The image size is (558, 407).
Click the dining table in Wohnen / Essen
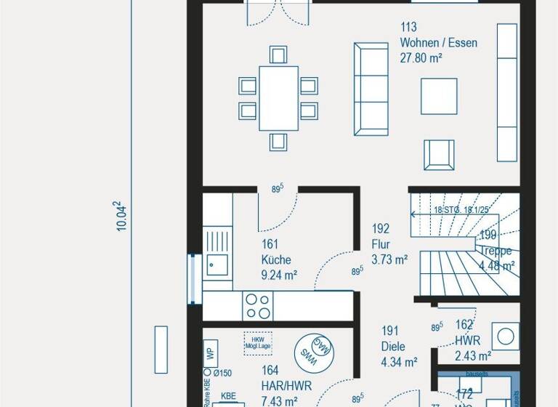[278, 98]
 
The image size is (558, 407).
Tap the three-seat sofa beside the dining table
[370, 89]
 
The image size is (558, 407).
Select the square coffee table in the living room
[439, 96]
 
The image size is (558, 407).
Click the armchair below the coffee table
[439, 154]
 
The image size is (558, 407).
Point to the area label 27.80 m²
[421, 58]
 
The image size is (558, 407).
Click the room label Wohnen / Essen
[439, 43]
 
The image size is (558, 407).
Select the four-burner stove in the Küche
[257, 306]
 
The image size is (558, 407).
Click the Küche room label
[276, 259]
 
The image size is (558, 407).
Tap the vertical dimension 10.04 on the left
[122, 217]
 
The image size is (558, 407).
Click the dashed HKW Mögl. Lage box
[259, 342]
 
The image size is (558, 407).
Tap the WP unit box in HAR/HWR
[209, 353]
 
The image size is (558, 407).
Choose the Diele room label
[393, 347]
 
